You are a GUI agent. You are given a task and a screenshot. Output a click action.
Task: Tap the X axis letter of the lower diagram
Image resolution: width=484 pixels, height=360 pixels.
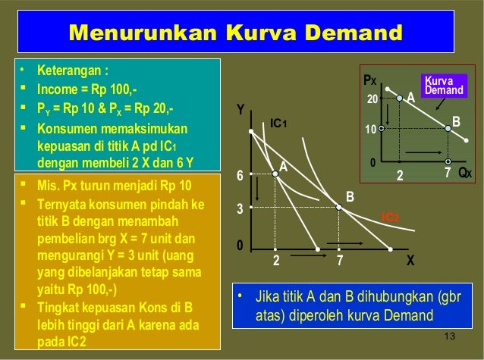(x=410, y=259)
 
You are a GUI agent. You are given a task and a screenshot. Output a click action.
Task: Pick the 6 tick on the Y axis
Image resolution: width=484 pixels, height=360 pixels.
(x=240, y=176)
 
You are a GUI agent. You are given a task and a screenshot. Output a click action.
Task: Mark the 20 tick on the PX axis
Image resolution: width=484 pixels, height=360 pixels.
(x=372, y=99)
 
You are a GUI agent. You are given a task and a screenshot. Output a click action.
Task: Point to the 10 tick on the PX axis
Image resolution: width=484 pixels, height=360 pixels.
(x=372, y=129)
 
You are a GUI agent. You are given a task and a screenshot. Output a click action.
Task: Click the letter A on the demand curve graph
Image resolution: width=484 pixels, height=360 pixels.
(x=411, y=98)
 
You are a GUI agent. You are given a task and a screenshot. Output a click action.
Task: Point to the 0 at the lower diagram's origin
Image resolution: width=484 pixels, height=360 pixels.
(x=240, y=246)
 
